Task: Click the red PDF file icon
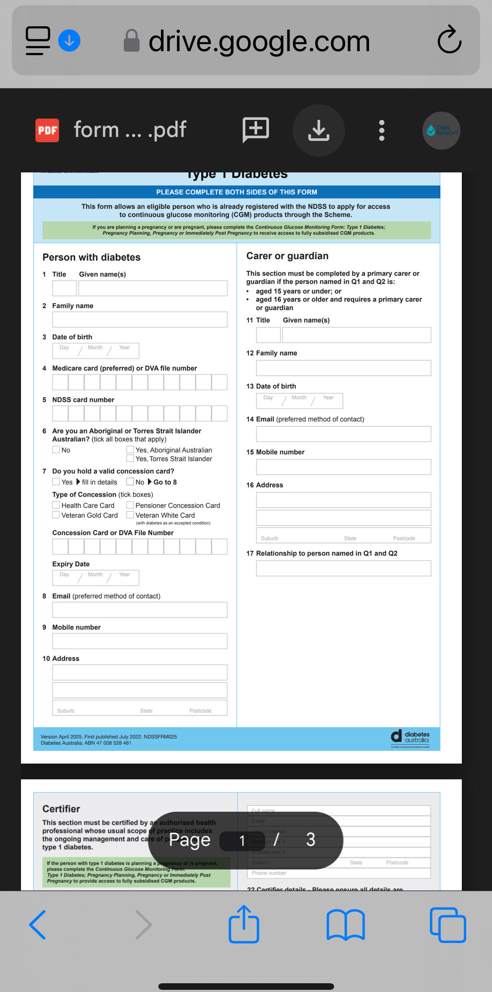pyautogui.click(x=47, y=130)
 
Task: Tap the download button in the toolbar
pyautogui.click(x=318, y=130)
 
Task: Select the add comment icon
pyautogui.click(x=256, y=130)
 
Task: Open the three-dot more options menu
pyautogui.click(x=381, y=130)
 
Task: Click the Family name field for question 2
pyautogui.click(x=140, y=319)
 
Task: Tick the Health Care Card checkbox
pyautogui.click(x=56, y=505)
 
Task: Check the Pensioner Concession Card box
pyautogui.click(x=130, y=505)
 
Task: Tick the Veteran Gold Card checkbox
pyautogui.click(x=56, y=515)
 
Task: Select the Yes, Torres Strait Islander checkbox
pyautogui.click(x=130, y=458)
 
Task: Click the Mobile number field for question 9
pyautogui.click(x=140, y=641)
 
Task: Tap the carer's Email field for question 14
pyautogui.click(x=343, y=434)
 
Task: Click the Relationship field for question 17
pyautogui.click(x=343, y=568)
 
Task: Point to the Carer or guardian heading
pyautogui.click(x=287, y=256)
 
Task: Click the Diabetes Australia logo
pyautogui.click(x=410, y=738)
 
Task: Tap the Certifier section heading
pyautogui.click(x=61, y=809)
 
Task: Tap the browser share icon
pyautogui.click(x=244, y=924)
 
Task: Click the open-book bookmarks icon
pyautogui.click(x=345, y=925)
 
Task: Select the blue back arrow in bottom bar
pyautogui.click(x=38, y=925)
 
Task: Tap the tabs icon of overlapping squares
pyautogui.click(x=448, y=925)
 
